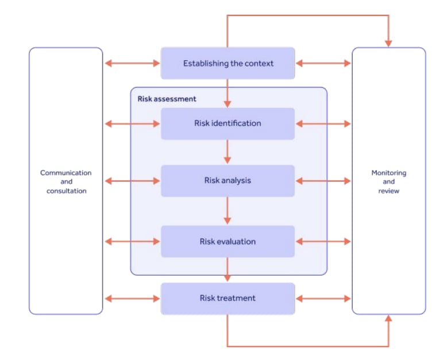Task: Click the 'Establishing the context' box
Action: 228,63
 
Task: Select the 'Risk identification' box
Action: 228,123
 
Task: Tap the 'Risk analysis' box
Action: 228,180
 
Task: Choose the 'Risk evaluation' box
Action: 228,241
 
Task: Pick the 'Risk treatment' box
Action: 228,298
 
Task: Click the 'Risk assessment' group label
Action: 167,99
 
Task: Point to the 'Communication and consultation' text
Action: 66,181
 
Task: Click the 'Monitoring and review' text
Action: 388,181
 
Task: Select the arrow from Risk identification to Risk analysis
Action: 228,152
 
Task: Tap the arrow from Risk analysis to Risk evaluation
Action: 228,211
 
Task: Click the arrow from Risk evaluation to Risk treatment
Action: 228,270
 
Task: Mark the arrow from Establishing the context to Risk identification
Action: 228,93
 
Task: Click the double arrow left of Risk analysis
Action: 132,181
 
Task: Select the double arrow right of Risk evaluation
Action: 323,242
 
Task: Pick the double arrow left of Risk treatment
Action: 132,299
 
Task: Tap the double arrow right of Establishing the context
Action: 323,63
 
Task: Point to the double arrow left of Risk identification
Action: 132,123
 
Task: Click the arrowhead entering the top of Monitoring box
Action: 388,42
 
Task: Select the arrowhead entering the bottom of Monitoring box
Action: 388,319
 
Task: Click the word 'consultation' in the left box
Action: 66,191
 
